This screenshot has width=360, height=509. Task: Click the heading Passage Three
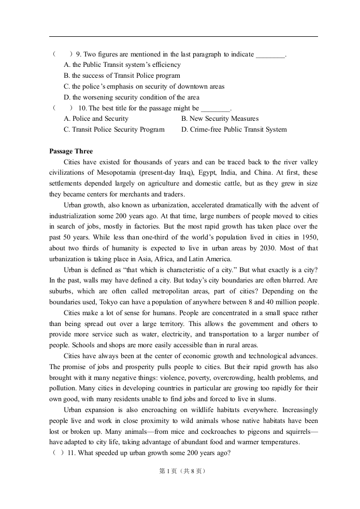tap(71, 151)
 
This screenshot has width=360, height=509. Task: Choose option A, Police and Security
tap(96, 119)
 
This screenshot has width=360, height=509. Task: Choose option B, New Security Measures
tap(220, 119)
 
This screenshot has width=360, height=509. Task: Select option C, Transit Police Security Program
tap(114, 130)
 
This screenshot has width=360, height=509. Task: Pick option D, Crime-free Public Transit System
tap(234, 130)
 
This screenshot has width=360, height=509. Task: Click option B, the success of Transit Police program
tap(122, 76)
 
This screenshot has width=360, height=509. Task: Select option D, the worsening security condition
tap(131, 97)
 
